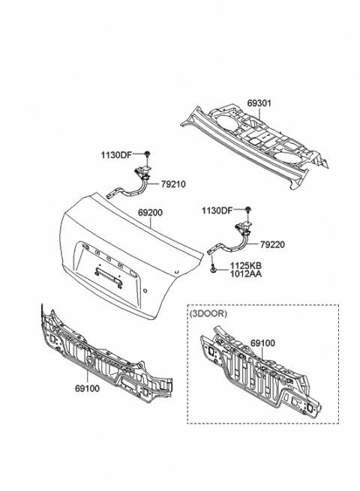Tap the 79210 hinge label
point(172,184)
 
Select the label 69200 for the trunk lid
point(150,213)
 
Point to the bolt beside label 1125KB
point(214,268)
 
